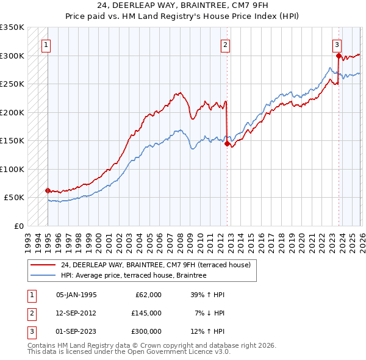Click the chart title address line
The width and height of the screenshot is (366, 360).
point(183,5)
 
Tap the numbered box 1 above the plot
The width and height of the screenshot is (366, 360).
point(46,45)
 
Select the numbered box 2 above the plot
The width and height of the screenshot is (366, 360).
point(225,45)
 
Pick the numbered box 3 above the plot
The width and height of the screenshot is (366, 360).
point(337,45)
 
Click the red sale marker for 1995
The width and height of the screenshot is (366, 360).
point(48,190)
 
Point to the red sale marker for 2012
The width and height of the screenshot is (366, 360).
point(227,144)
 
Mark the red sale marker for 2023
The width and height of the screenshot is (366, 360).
point(339,56)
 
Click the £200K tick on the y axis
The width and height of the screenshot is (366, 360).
point(12,112)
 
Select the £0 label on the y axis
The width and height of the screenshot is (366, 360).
point(19,226)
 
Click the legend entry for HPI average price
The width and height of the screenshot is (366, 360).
point(134,276)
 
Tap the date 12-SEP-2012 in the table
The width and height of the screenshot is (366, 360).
point(76,313)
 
